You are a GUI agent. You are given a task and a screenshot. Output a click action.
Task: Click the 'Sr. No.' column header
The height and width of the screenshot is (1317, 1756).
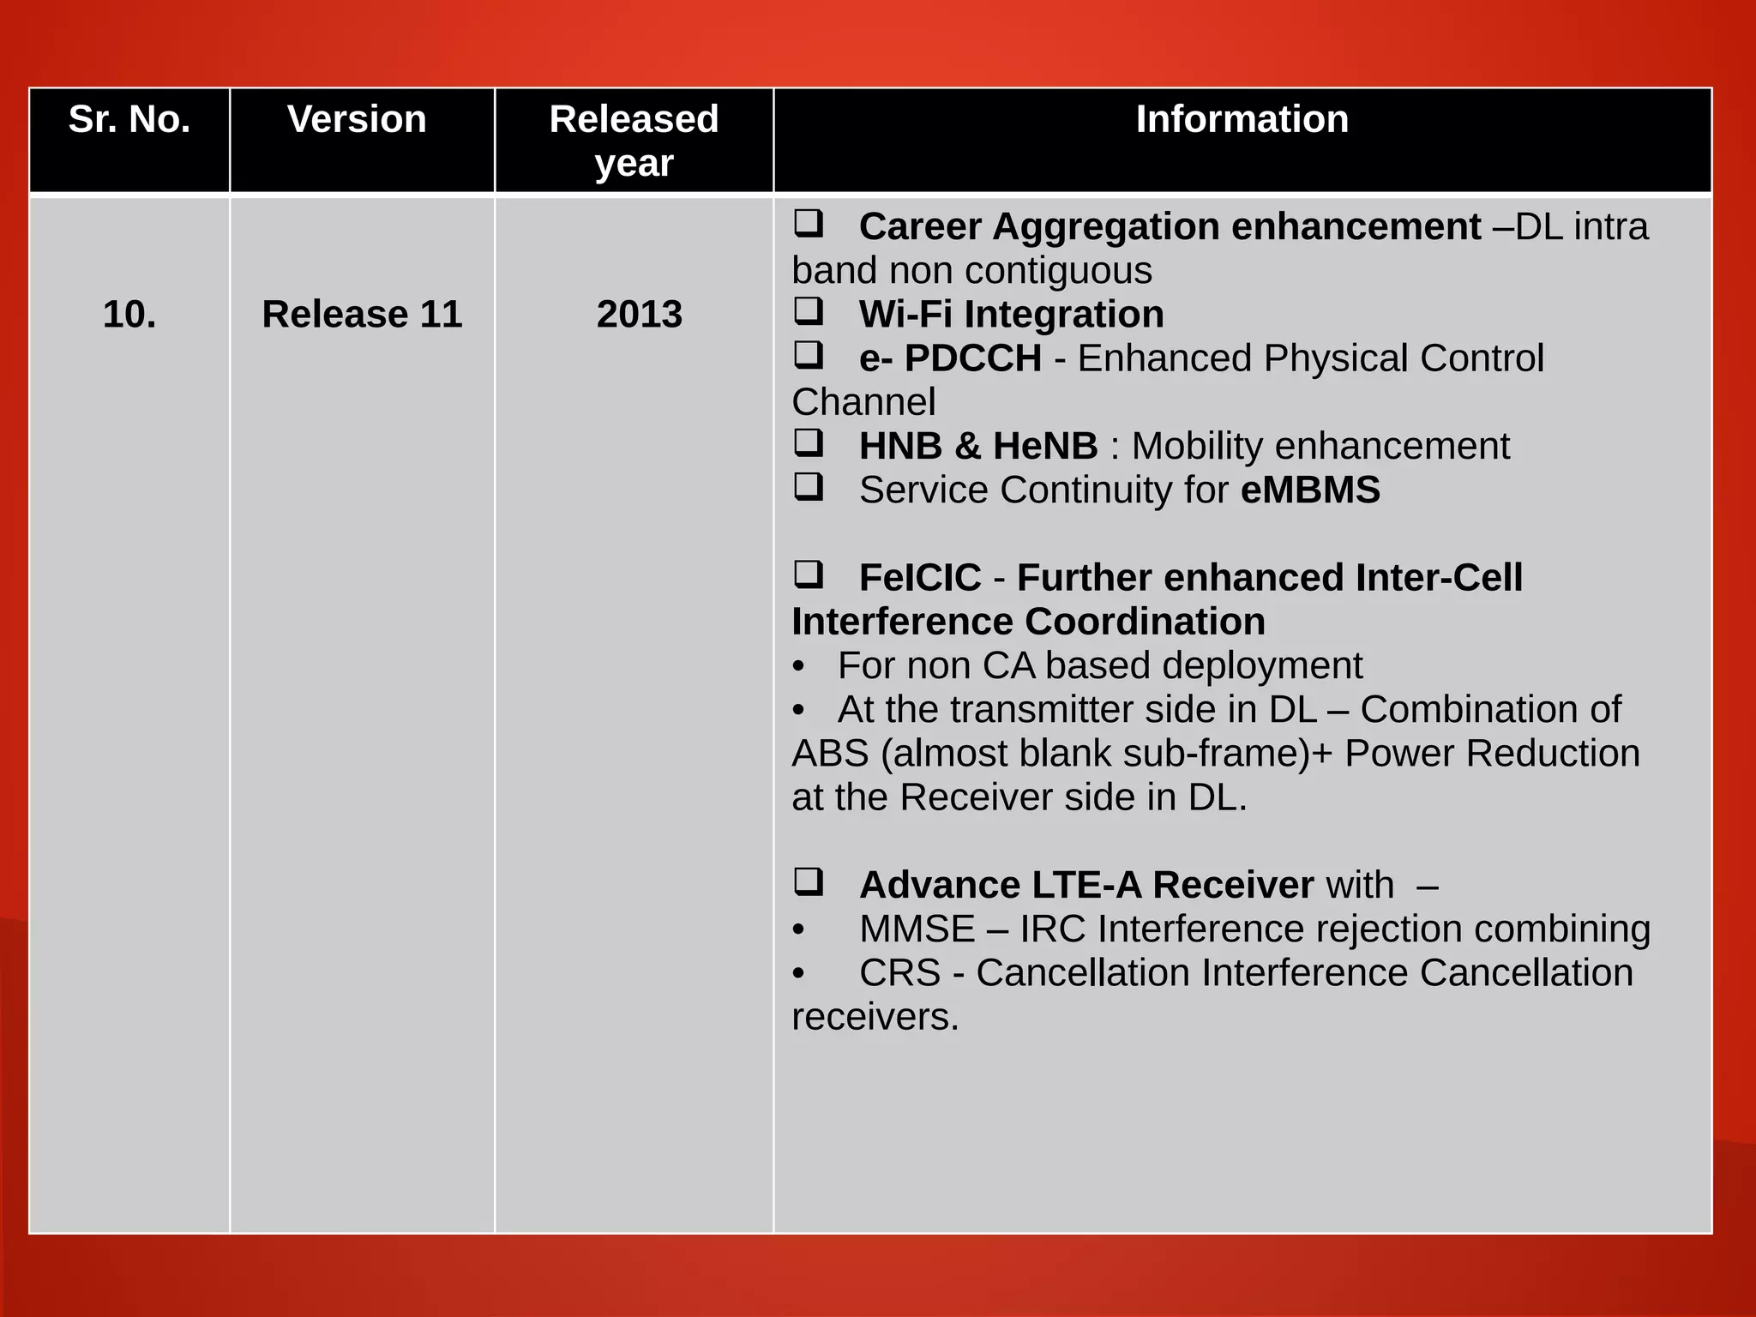tap(129, 119)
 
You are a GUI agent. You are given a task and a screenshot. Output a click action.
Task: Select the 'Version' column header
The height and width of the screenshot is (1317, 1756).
tap(357, 119)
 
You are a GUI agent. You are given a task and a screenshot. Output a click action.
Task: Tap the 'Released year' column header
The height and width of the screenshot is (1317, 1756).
tap(634, 141)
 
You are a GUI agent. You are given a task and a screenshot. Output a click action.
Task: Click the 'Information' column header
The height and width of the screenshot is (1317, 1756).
tap(1242, 119)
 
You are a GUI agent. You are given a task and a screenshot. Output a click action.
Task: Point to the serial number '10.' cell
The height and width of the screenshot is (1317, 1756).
tap(129, 314)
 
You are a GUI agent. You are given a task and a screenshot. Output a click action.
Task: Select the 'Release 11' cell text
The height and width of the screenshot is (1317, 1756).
tap(362, 314)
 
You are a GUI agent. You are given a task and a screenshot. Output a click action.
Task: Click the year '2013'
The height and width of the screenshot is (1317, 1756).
tap(639, 314)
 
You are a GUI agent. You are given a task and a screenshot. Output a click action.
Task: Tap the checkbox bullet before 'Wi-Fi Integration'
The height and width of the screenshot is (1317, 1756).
tap(808, 310)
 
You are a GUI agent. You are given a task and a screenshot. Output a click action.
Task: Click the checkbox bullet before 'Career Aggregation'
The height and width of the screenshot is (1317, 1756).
tap(808, 223)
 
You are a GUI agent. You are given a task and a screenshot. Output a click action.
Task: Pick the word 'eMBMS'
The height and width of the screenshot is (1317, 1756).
tap(1310, 490)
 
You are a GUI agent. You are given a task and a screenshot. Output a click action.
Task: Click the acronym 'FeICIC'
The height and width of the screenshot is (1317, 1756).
tap(919, 578)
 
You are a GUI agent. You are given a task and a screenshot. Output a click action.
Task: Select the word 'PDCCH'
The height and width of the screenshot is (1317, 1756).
tap(972, 358)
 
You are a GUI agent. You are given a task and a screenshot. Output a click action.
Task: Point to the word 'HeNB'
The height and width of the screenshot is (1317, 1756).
tap(1045, 446)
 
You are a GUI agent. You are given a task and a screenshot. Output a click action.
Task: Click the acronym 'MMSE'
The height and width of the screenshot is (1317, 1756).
tap(917, 929)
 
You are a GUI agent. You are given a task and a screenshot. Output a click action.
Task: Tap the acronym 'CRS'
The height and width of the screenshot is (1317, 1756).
tap(899, 973)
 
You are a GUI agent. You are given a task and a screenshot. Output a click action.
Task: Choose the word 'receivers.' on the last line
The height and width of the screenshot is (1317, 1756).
tap(875, 1018)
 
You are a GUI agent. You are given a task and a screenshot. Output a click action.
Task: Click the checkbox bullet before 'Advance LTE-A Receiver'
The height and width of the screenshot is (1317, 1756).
tap(808, 881)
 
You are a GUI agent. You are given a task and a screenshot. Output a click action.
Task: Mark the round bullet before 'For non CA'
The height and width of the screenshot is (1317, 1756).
tap(799, 666)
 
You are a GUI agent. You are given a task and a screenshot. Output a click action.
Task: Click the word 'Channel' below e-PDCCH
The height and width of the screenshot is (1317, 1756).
tap(863, 402)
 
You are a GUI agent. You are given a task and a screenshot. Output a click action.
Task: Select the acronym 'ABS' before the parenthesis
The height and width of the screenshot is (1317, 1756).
tap(829, 754)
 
